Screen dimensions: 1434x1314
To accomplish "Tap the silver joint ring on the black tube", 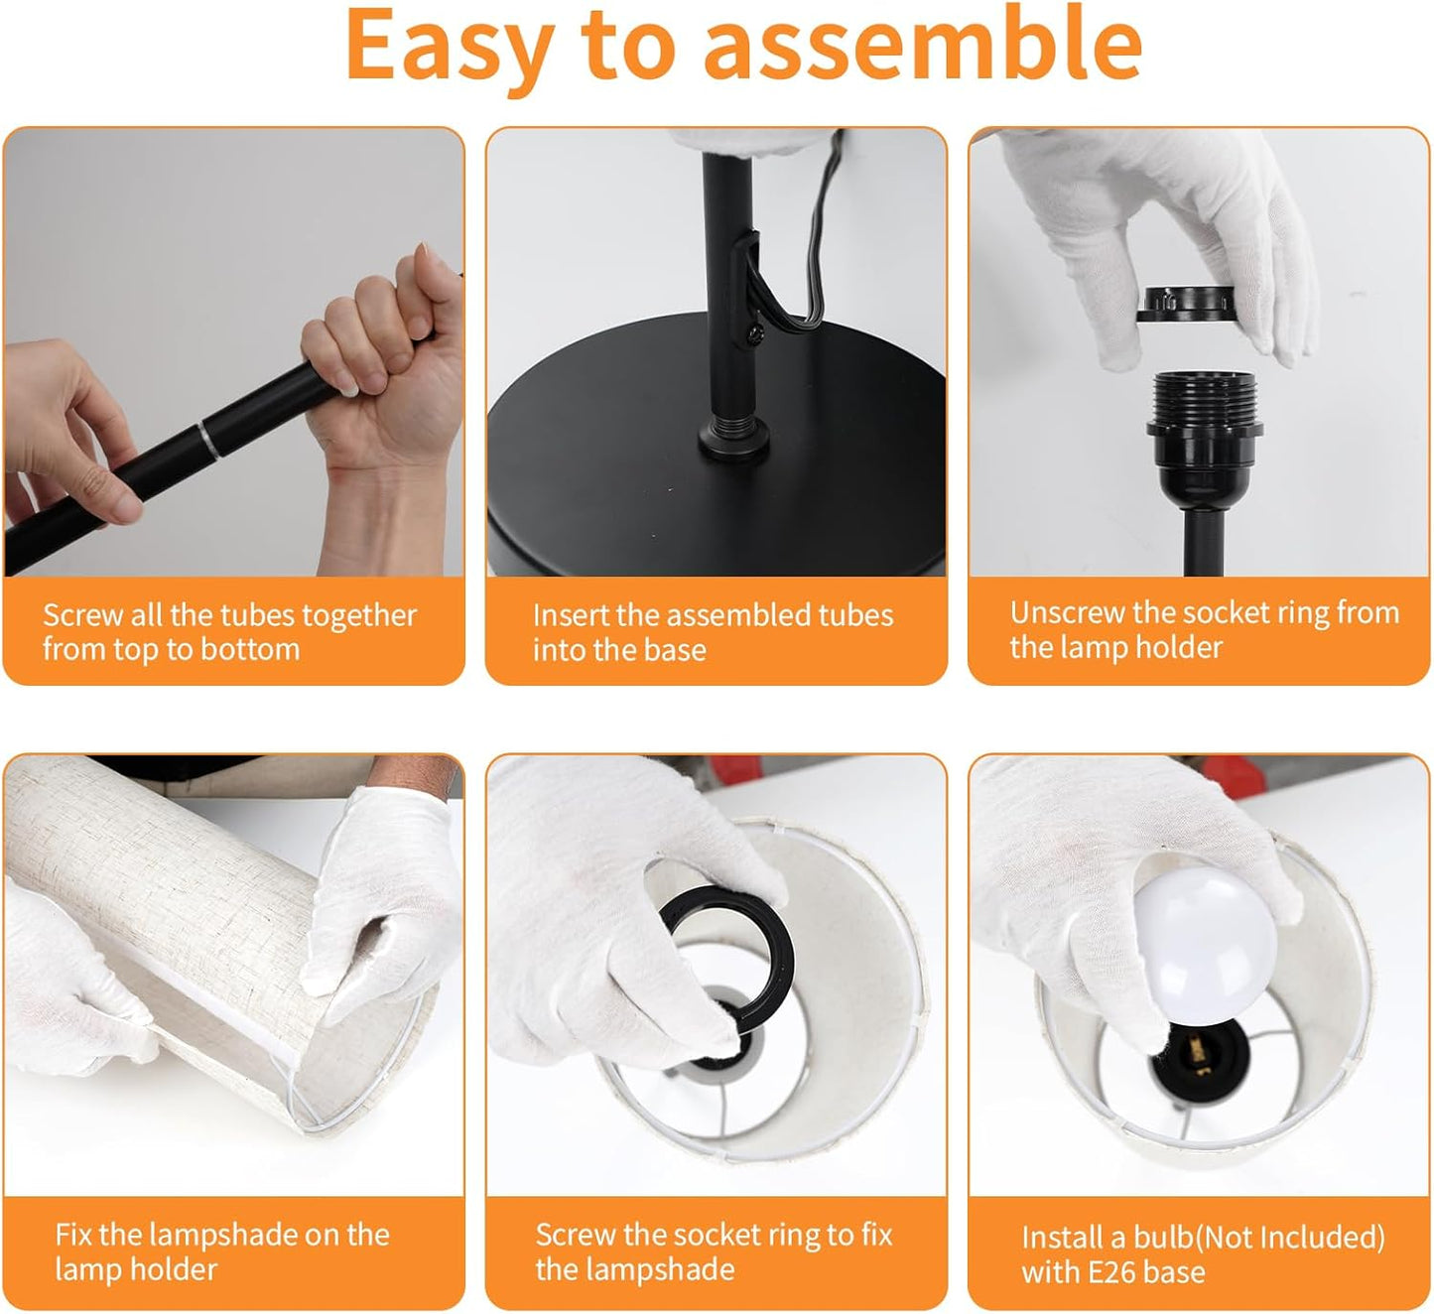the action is [x=209, y=440].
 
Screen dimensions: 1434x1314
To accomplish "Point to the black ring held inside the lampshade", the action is [x=729, y=957].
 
